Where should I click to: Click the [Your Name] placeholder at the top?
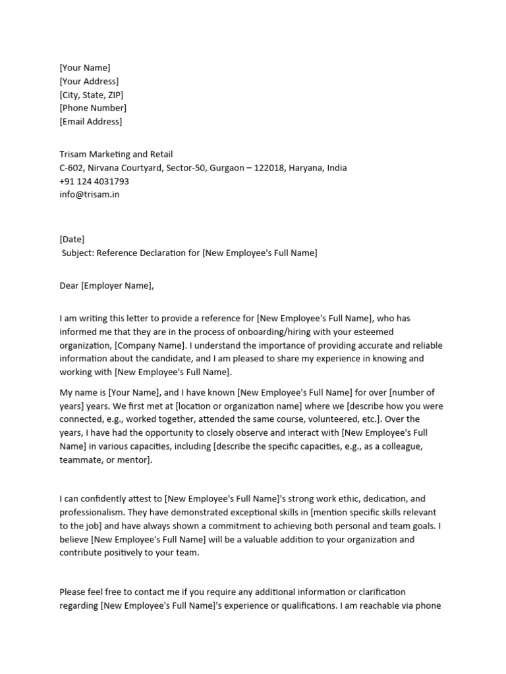85,68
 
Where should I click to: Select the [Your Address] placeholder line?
89,81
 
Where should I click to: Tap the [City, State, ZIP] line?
91,95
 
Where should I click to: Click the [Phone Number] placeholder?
93,108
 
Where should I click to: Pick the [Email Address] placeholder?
91,121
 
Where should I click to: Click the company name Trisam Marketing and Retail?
116,155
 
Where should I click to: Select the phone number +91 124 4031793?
94,181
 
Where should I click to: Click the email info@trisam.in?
90,194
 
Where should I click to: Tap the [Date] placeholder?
72,240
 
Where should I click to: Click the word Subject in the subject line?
78,253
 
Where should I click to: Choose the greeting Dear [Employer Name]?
106,286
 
